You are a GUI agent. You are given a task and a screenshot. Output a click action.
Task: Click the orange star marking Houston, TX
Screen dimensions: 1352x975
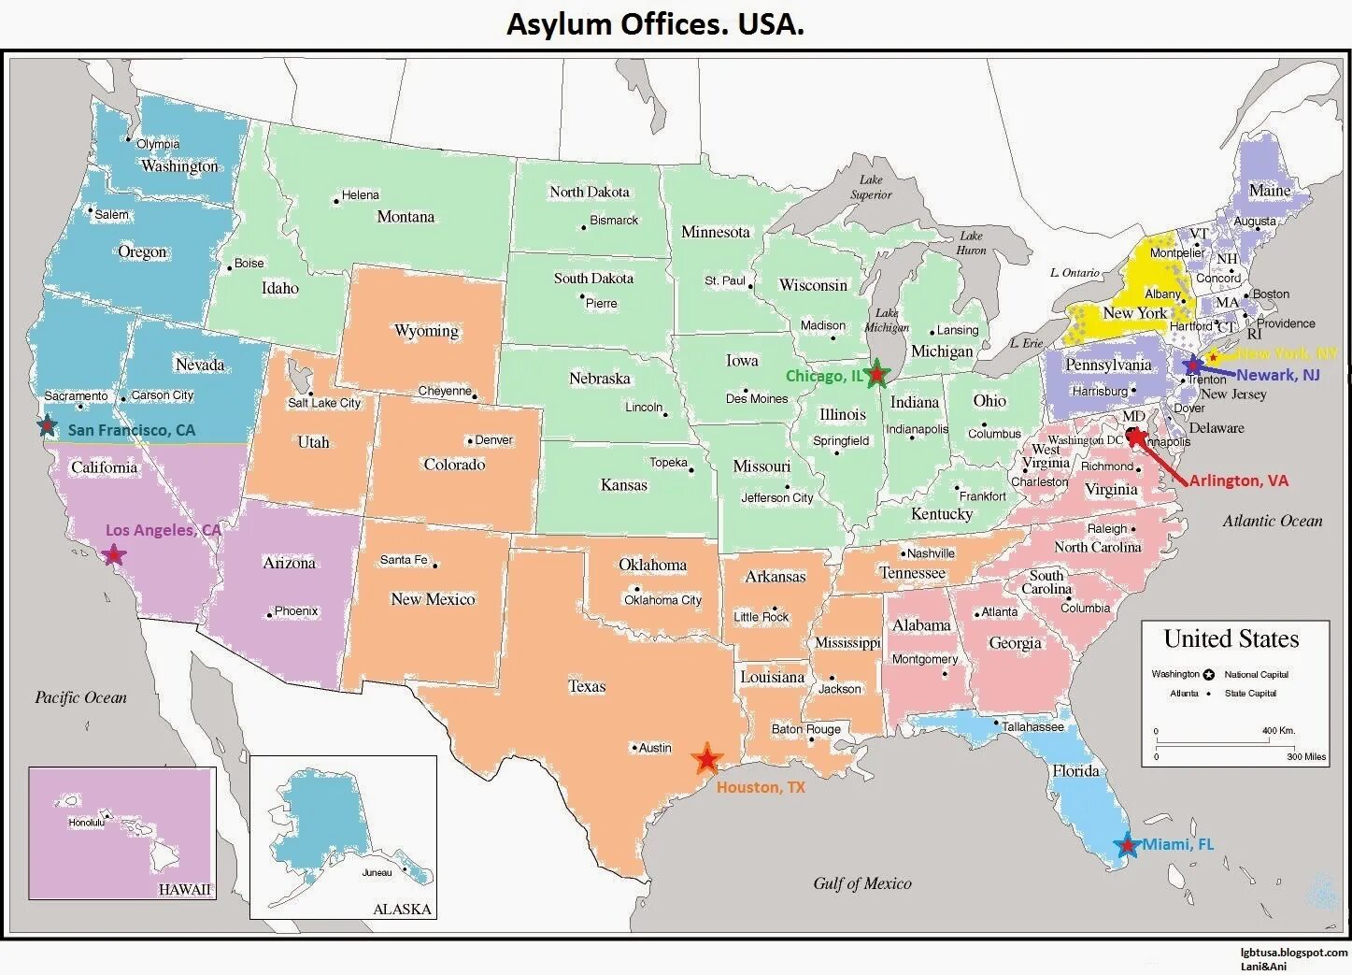pyautogui.click(x=707, y=759)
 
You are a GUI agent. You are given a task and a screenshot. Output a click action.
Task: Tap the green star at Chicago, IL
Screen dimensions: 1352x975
pyautogui.click(x=876, y=374)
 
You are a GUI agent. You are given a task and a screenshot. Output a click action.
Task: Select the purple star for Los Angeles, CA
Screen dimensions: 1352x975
pyautogui.click(x=114, y=554)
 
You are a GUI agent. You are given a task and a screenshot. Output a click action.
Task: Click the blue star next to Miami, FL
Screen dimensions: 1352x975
pyautogui.click(x=1128, y=846)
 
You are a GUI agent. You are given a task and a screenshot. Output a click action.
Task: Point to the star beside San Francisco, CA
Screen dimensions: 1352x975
pyautogui.click(x=47, y=426)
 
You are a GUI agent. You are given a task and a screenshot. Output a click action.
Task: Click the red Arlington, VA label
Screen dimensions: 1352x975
pyautogui.click(x=1238, y=480)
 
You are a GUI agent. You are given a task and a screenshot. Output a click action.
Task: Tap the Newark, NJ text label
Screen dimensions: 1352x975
pyautogui.click(x=1278, y=375)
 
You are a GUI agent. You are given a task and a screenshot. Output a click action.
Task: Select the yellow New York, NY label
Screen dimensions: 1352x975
pyautogui.click(x=1288, y=353)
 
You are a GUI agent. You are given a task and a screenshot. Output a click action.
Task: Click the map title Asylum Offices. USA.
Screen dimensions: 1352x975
pyautogui.click(x=655, y=23)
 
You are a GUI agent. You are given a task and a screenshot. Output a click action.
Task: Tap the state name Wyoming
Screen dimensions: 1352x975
pyautogui.click(x=426, y=331)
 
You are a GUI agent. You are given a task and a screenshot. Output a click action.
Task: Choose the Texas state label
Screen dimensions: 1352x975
pyautogui.click(x=587, y=686)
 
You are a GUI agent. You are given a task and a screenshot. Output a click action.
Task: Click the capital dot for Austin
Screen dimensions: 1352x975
pyautogui.click(x=634, y=748)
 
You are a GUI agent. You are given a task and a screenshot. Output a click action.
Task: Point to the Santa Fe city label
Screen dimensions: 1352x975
pyautogui.click(x=404, y=560)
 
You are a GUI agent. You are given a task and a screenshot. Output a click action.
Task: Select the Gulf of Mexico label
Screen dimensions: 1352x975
pyautogui.click(x=861, y=883)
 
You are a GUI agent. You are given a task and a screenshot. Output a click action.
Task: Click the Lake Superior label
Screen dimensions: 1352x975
pyautogui.click(x=871, y=187)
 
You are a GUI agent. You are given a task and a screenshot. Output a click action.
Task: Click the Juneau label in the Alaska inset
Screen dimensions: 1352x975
pyautogui.click(x=377, y=872)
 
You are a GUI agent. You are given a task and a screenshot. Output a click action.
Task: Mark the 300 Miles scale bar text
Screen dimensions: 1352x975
pyautogui.click(x=1305, y=756)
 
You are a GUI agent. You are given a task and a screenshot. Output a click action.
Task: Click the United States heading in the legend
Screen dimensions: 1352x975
pyautogui.click(x=1231, y=639)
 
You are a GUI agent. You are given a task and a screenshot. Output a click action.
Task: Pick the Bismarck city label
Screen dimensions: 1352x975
pyautogui.click(x=614, y=221)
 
